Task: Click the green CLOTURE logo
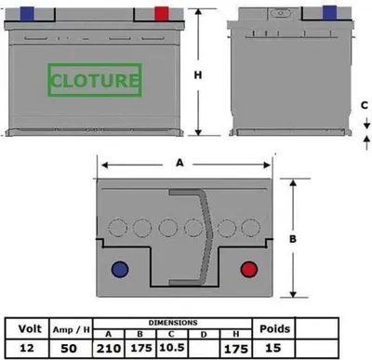pyautogui.click(x=95, y=80)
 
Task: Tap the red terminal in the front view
pyautogui.click(x=162, y=14)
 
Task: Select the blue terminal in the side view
pyautogui.click(x=329, y=12)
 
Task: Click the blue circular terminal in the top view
pyautogui.click(x=120, y=269)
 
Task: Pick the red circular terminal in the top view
pyautogui.click(x=249, y=269)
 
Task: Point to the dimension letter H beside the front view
pyautogui.click(x=198, y=75)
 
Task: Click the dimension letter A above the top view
pyautogui.click(x=179, y=163)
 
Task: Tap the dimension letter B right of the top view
pyautogui.click(x=293, y=239)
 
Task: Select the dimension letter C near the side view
pyautogui.click(x=365, y=105)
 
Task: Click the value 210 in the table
pyautogui.click(x=109, y=349)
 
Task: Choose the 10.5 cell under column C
pyautogui.click(x=172, y=347)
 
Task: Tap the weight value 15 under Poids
pyautogui.click(x=273, y=348)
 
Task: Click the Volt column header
pyautogui.click(x=30, y=328)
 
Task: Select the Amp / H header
pyautogui.click(x=71, y=329)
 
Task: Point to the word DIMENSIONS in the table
pyautogui.click(x=173, y=323)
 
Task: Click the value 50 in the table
pyautogui.click(x=69, y=348)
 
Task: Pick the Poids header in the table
pyautogui.click(x=274, y=328)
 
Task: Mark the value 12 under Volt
pyautogui.click(x=27, y=348)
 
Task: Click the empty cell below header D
pyautogui.click(x=204, y=348)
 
